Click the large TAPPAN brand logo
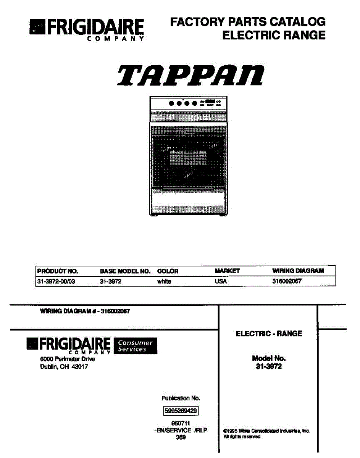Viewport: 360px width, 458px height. point(190,76)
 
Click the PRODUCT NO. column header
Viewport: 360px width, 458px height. point(57,271)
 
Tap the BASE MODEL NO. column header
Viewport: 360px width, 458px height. point(125,271)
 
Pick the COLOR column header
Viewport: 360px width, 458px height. point(168,271)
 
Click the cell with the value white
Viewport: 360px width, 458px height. point(164,282)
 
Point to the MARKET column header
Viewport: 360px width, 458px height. point(227,271)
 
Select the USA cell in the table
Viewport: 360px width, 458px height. point(221,282)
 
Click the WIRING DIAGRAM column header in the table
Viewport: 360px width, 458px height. point(298,271)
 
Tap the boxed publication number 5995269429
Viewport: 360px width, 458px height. point(181,411)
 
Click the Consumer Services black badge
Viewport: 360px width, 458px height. point(135,346)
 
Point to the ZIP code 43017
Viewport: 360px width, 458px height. point(79,367)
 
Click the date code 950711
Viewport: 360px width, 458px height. point(181,423)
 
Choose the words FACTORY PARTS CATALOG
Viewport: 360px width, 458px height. point(248,22)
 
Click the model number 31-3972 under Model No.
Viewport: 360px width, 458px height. point(269,366)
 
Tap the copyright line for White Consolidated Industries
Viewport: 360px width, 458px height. point(266,431)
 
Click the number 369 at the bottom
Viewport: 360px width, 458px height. point(181,437)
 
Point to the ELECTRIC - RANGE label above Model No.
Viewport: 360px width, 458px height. point(269,334)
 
